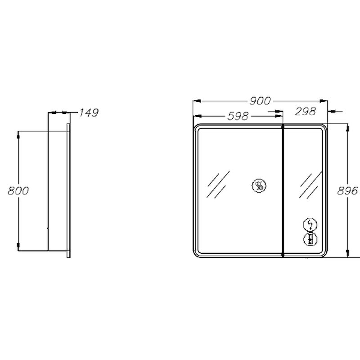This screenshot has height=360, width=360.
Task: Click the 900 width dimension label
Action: click(x=260, y=101)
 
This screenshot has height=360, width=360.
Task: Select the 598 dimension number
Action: click(x=238, y=116)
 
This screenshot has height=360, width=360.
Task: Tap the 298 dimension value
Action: click(x=306, y=112)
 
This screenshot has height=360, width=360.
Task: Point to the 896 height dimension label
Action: click(x=347, y=191)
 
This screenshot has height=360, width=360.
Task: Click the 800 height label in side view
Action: click(x=18, y=191)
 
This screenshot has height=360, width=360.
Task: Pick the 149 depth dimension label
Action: click(x=89, y=112)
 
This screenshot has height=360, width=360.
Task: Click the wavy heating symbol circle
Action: click(x=259, y=185)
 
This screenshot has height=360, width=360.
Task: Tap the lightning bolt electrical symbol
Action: click(x=310, y=225)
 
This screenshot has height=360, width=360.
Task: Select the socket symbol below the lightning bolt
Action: click(x=310, y=239)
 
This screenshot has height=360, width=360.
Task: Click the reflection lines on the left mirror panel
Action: click(x=218, y=184)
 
